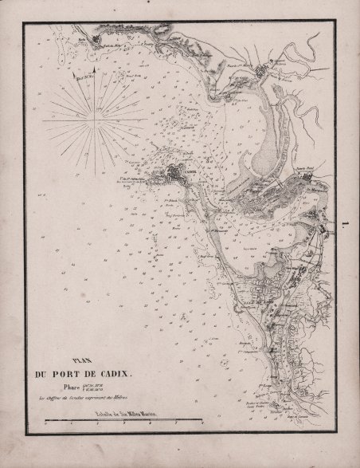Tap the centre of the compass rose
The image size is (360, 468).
97,120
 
